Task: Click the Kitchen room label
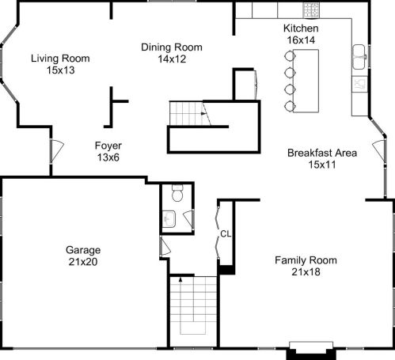tap(301, 28)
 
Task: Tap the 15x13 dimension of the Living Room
tap(61, 70)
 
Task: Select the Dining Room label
tap(172, 47)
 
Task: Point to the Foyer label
tap(108, 146)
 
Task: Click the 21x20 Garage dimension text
tap(83, 262)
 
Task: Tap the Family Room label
tap(306, 260)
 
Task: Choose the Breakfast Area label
tap(322, 153)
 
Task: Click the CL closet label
tap(226, 234)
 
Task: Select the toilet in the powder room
tap(177, 193)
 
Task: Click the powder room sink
tap(169, 219)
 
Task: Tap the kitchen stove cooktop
tap(311, 10)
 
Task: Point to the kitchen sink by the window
tap(359, 57)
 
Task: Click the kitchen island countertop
tap(306, 81)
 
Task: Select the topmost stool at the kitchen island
tap(290, 56)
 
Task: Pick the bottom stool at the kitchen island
tap(290, 106)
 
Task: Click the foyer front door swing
tap(57, 151)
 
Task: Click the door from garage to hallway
tap(165, 246)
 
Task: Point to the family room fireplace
tap(311, 351)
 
